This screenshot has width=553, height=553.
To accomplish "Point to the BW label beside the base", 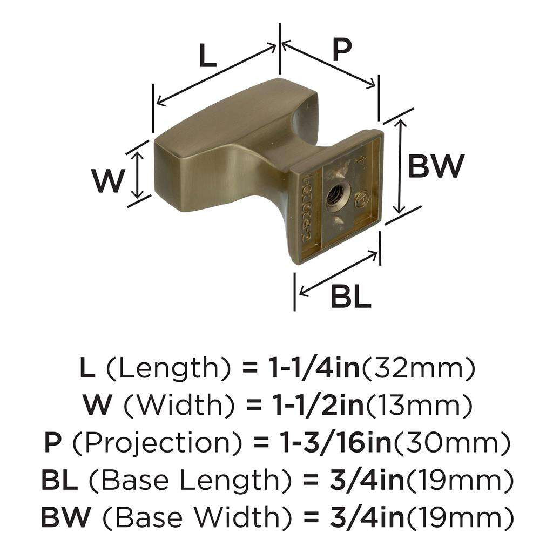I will click(x=435, y=166).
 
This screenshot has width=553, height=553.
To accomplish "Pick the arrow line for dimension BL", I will click(x=338, y=274).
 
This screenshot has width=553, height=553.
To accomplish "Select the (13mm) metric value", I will click(x=418, y=406).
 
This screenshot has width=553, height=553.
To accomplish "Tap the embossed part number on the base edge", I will click(x=305, y=208).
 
